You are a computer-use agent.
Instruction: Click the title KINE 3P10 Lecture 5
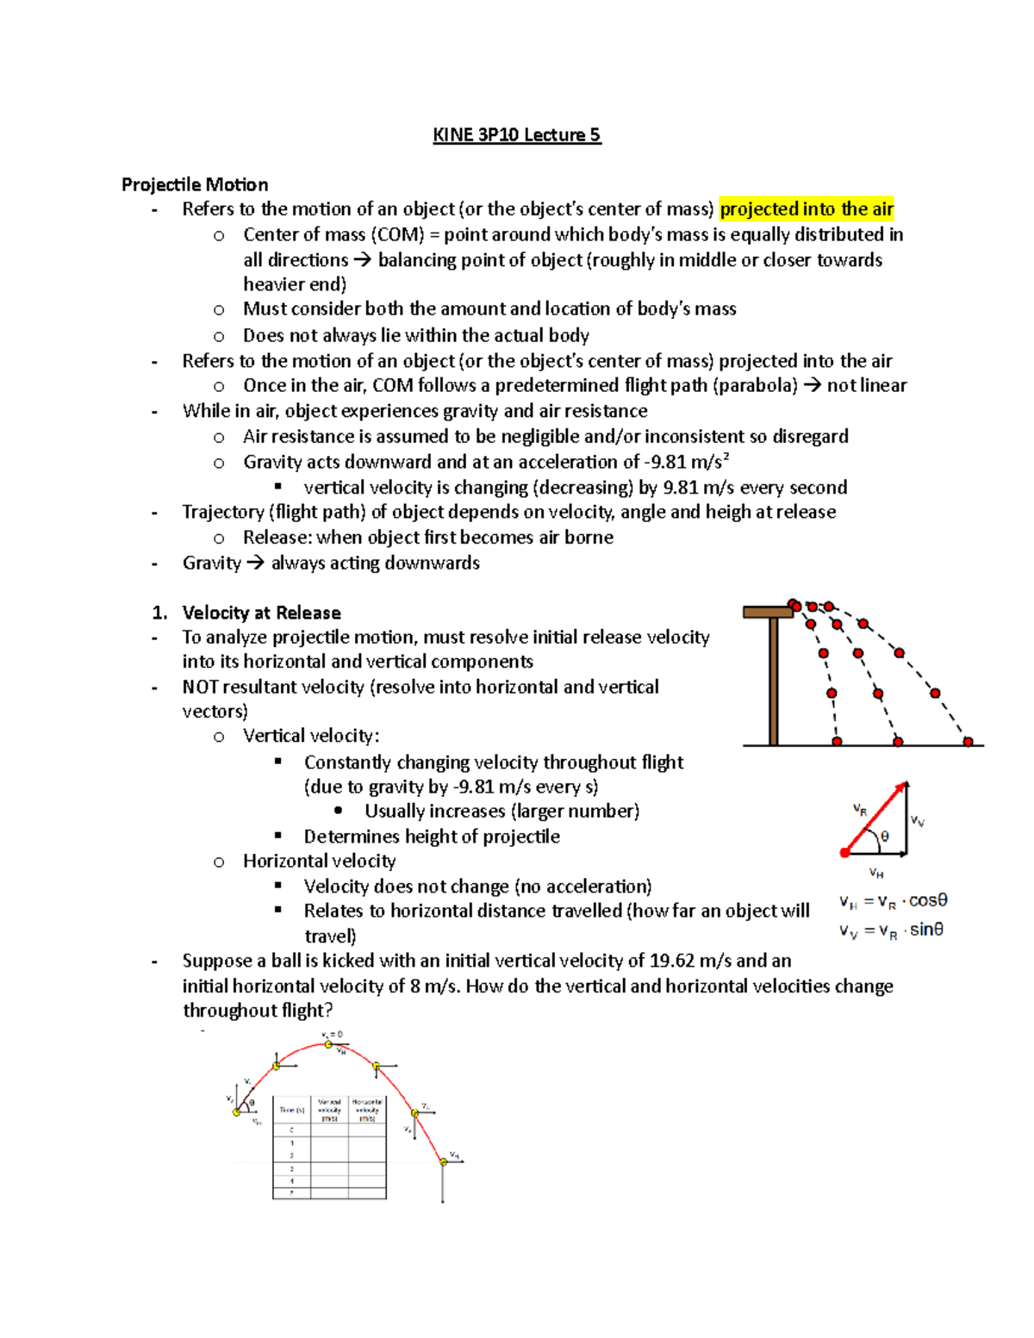click(516, 135)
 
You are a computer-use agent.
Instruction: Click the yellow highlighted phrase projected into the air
click(807, 209)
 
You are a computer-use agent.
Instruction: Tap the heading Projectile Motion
click(195, 184)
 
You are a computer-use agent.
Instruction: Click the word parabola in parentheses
click(755, 386)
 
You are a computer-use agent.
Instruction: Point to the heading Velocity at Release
click(261, 613)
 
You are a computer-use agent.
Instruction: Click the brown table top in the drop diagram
click(767, 612)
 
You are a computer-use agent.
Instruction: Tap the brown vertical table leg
click(773, 681)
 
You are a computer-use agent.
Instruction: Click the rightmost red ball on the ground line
click(968, 742)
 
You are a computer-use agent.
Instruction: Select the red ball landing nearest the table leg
click(837, 742)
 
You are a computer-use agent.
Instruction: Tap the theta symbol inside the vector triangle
click(885, 837)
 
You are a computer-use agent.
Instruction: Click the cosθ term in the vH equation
click(928, 900)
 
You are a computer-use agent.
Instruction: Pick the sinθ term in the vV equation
click(926, 930)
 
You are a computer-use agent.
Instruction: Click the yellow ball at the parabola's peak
click(328, 1044)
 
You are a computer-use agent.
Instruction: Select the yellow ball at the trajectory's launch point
click(237, 1112)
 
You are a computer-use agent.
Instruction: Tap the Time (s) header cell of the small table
click(291, 1110)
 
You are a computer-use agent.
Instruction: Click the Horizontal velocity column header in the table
click(367, 1110)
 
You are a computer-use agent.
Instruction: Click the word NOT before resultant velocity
click(200, 688)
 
